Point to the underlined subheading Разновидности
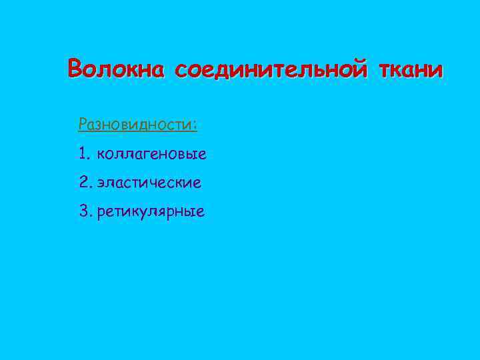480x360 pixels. click(137, 125)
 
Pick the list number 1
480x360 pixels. click(83, 155)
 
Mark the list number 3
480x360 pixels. click(83, 212)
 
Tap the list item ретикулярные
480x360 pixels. click(151, 213)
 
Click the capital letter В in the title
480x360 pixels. click(76, 68)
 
